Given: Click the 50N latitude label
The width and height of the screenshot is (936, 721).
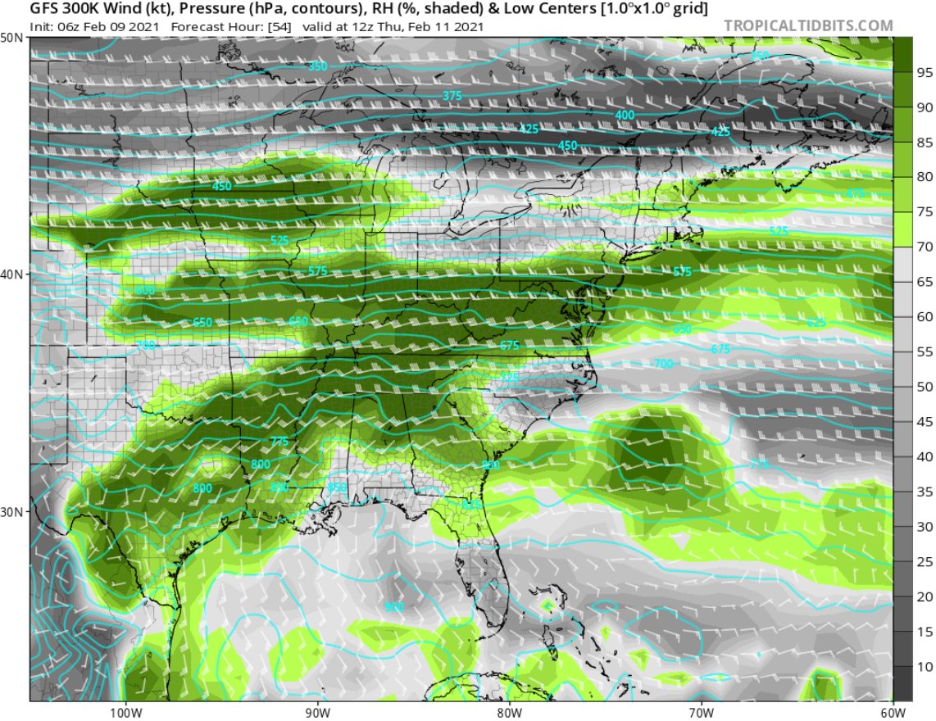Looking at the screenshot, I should [11, 39].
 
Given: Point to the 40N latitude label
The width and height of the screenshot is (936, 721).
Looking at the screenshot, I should [11, 274].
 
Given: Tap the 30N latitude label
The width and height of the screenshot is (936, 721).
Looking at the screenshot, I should [11, 512].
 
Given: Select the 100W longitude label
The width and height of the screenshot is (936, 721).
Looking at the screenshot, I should [125, 710].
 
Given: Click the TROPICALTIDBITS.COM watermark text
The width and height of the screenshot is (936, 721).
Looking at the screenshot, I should [808, 26].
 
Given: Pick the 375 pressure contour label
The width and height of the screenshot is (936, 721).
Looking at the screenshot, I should [452, 96].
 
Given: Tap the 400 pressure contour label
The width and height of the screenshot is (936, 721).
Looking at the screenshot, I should [625, 116].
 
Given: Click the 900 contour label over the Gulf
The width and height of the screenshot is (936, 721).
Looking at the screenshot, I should [394, 607].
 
